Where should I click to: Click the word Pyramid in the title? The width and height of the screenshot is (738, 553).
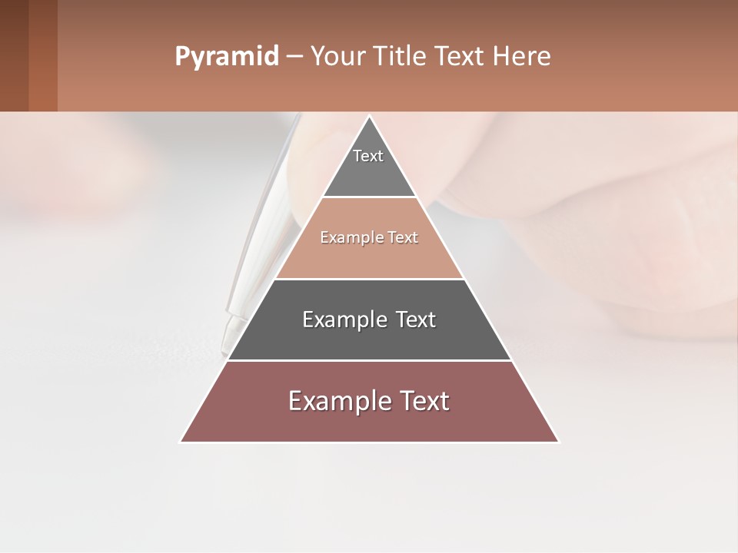coord(226,57)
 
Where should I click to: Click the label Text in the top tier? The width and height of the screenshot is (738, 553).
coord(368,156)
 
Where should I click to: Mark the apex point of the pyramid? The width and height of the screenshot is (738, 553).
coord(369,117)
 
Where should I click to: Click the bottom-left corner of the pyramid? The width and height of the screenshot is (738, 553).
coord(181,442)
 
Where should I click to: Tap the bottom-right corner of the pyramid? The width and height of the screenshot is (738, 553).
coord(557,442)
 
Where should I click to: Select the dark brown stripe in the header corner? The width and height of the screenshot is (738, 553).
coord(14,55)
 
